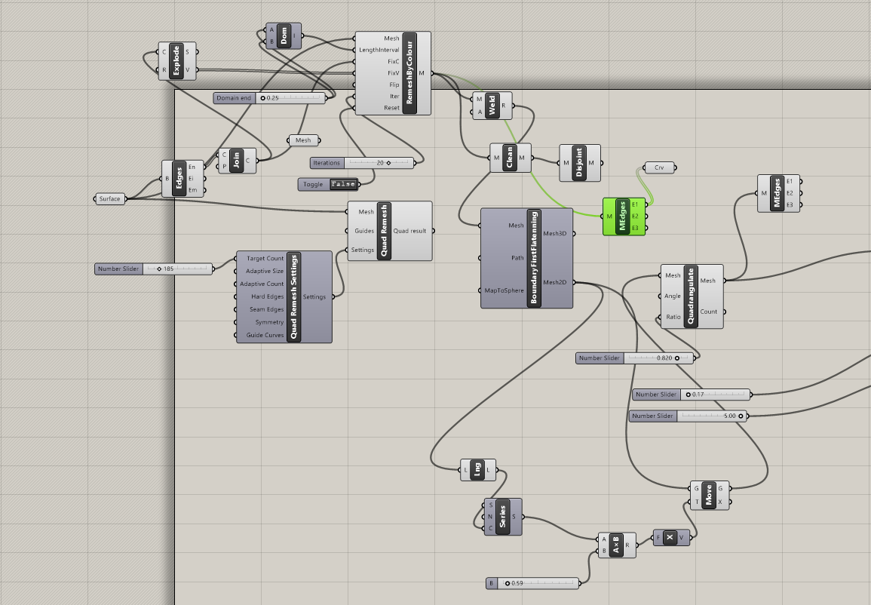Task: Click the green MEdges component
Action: click(x=624, y=216)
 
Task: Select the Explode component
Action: click(x=177, y=61)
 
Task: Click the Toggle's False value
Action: click(x=343, y=185)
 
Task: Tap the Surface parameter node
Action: click(x=110, y=199)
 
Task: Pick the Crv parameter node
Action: click(x=659, y=167)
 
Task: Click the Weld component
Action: click(x=492, y=106)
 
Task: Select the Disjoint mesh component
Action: click(x=580, y=163)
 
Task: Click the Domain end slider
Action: click(x=269, y=98)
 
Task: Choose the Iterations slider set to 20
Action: click(x=362, y=163)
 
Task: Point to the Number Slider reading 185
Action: click(x=154, y=269)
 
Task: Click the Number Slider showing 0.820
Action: click(x=635, y=358)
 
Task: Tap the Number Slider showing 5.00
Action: click(x=689, y=416)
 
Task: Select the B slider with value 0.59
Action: click(x=532, y=583)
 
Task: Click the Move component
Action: click(x=710, y=495)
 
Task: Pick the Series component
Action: click(x=503, y=517)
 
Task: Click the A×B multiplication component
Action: click(x=617, y=545)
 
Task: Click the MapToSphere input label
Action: click(x=505, y=290)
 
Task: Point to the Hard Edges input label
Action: click(x=267, y=296)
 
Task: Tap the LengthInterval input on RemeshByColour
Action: click(x=379, y=50)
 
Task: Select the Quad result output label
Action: click(x=410, y=231)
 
